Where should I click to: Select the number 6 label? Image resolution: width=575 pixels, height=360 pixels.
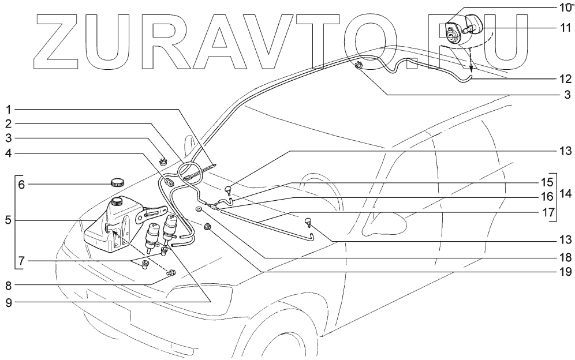pyautogui.click(x=21, y=185)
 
